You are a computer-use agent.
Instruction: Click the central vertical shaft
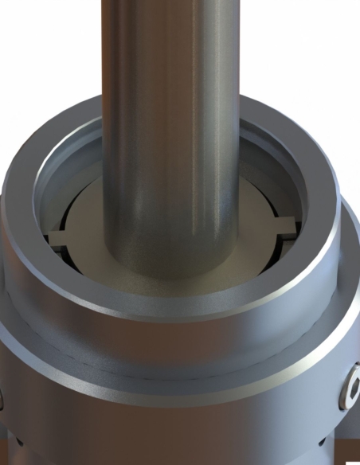point(170,119)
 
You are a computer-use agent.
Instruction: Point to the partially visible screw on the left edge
point(2,398)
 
